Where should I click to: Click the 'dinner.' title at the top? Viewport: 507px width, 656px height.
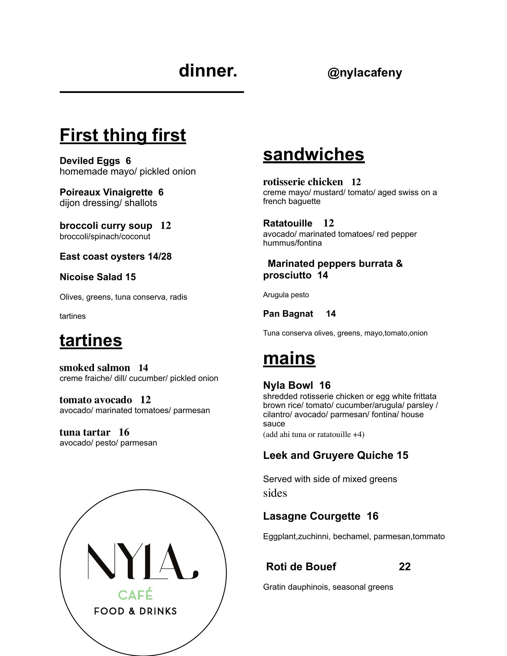point(208,71)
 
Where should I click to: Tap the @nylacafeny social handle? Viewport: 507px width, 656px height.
point(365,73)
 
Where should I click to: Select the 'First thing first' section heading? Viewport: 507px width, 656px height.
point(123,135)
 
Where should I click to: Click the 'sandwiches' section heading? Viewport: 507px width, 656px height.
point(314,154)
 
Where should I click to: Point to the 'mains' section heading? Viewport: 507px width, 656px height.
point(289,358)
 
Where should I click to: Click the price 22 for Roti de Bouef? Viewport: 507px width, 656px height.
point(405,567)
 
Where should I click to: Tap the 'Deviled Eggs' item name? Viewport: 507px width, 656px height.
point(90,161)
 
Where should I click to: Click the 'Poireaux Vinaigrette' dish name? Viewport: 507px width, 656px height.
point(106,192)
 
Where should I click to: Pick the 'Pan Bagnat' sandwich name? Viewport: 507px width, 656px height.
point(288,314)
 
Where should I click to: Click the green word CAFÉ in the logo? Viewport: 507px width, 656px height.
point(135,595)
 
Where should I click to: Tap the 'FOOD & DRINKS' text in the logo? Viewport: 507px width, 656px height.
point(135,611)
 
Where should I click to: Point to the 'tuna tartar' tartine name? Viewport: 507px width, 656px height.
point(85,433)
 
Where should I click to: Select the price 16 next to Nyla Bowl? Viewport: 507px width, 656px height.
point(325,386)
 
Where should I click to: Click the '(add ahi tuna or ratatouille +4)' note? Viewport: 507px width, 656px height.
point(314,435)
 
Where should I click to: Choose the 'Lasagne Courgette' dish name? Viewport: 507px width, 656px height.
point(311,516)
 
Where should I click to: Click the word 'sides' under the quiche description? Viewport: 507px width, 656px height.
point(275,493)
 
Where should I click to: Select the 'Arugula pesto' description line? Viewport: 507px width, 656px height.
point(286,295)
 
